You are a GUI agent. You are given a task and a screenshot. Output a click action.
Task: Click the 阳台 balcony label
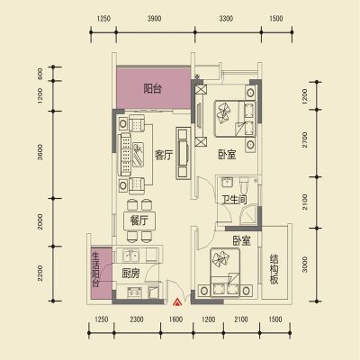[x=152, y=89]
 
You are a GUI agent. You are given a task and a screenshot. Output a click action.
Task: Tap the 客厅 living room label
[x=164, y=155]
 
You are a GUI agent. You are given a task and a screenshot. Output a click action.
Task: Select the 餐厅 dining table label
[x=139, y=220]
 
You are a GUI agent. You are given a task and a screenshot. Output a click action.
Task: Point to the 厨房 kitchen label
[x=130, y=274]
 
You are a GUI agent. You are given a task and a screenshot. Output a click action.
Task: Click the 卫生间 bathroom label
[x=234, y=200]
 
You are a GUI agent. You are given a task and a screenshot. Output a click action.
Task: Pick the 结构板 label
[x=274, y=269]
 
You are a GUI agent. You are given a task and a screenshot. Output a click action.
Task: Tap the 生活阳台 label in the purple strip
[x=95, y=269]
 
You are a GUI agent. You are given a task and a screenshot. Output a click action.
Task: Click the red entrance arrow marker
[x=177, y=302]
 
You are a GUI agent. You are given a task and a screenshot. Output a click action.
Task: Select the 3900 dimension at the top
[x=154, y=19]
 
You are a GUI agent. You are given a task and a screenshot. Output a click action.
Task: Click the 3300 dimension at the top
[x=226, y=19]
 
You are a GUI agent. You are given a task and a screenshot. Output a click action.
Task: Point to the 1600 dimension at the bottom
[x=175, y=319]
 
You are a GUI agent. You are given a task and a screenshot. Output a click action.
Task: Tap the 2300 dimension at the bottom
[x=137, y=319]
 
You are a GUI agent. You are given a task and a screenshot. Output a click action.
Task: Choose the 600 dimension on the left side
[x=40, y=73]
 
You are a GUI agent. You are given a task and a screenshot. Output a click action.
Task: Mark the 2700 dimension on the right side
[x=305, y=139]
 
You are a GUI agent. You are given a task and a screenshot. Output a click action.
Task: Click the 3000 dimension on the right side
[x=305, y=265]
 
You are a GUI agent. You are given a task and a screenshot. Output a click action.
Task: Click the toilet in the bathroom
[x=244, y=184]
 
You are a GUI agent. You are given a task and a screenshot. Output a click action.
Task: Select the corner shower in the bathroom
[x=249, y=214]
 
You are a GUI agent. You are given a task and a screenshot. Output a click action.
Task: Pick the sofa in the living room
[x=125, y=155]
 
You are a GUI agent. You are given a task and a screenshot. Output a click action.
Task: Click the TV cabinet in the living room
[x=183, y=153]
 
